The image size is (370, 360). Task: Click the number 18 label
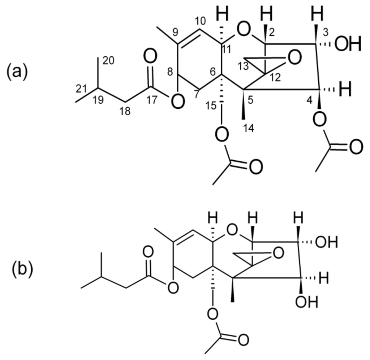point(124,111)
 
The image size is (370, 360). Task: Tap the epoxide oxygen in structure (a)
point(294,58)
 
